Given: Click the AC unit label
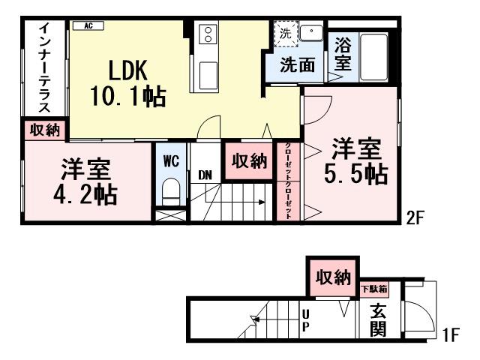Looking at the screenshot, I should pos(88,25).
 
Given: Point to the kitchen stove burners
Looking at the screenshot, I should pos(207,35).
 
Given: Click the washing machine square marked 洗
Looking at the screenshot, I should pos(285,33).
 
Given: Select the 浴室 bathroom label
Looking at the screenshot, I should pos(342,53).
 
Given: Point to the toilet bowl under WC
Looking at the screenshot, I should pos(170,191).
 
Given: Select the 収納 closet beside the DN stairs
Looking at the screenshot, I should pos(248,160).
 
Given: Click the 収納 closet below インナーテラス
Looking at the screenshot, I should pos(45,130).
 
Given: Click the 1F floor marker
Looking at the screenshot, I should pos(450,334).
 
